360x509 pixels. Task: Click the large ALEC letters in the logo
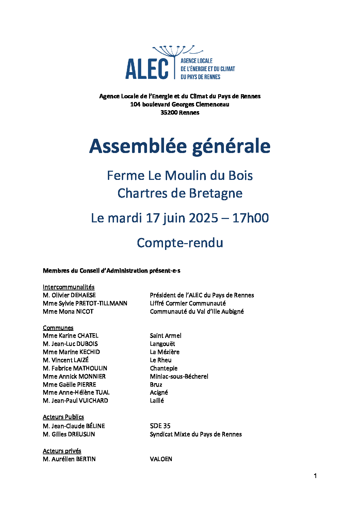[x=147, y=69]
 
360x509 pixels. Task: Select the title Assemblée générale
[x=180, y=146]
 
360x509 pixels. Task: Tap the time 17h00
[x=250, y=218]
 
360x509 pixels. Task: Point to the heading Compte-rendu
[x=180, y=243]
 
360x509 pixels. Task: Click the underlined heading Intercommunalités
[x=68, y=287]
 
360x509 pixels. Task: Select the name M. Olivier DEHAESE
[x=69, y=295]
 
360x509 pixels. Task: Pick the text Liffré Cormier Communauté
[x=187, y=303]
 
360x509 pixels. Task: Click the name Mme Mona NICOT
[x=68, y=311]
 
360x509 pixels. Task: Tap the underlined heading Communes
[x=58, y=328]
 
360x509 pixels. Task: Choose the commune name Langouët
[x=162, y=344]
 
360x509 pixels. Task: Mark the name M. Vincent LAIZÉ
[x=66, y=360]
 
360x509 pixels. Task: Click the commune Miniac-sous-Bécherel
[x=179, y=376]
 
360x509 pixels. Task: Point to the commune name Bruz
[x=156, y=385]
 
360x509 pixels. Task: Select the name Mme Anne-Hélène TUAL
[x=76, y=392]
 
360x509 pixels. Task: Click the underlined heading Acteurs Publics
[x=63, y=417]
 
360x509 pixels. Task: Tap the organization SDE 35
[x=160, y=426]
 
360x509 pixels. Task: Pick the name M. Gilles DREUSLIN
[x=69, y=434]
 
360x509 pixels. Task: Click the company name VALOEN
[x=161, y=459]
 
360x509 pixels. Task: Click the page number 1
[x=315, y=476]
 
